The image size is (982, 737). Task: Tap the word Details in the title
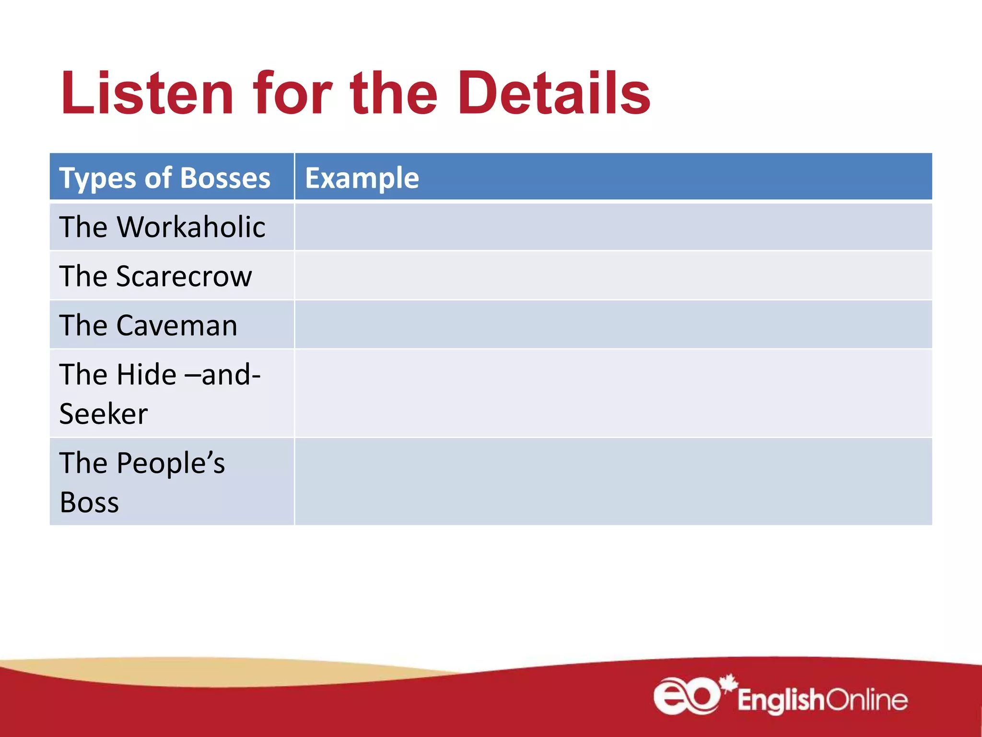click(x=554, y=94)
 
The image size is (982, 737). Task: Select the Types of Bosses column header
click(x=165, y=178)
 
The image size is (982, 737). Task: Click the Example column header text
click(x=362, y=178)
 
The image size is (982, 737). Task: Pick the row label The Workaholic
click(x=162, y=227)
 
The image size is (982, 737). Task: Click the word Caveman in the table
click(x=177, y=326)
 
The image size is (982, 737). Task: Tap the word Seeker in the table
click(x=104, y=414)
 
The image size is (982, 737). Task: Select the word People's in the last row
click(x=171, y=464)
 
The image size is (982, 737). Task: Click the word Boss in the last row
click(x=89, y=503)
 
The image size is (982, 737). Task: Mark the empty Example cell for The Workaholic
click(x=613, y=227)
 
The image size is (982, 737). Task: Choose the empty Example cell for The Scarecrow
click(x=613, y=276)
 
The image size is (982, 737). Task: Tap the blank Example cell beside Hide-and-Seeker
click(x=613, y=393)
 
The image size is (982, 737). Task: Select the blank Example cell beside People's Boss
click(x=613, y=482)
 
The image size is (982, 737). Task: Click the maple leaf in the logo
click(x=729, y=683)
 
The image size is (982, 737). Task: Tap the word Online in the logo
click(x=866, y=700)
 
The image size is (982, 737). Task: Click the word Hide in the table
click(x=146, y=375)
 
